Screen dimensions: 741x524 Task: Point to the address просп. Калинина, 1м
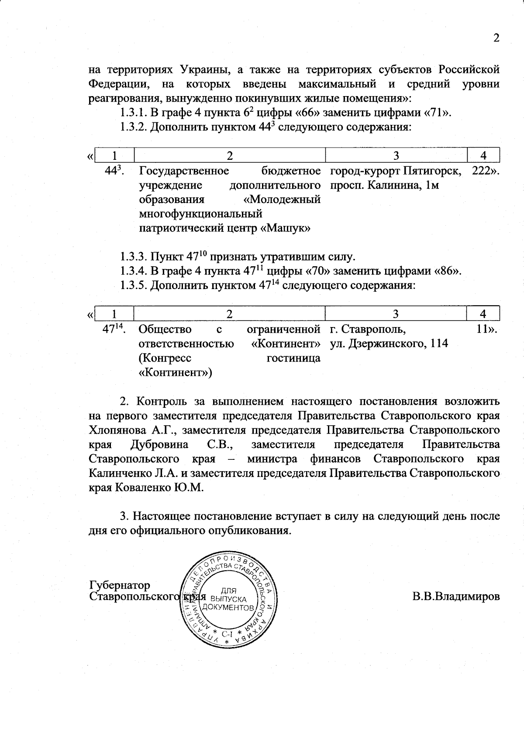[x=384, y=185]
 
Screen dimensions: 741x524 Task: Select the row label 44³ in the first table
[x=115, y=171]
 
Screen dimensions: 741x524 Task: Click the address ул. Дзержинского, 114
[x=389, y=343]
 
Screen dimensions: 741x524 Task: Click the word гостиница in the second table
[x=293, y=358]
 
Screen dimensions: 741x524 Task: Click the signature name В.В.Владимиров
[x=456, y=596]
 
